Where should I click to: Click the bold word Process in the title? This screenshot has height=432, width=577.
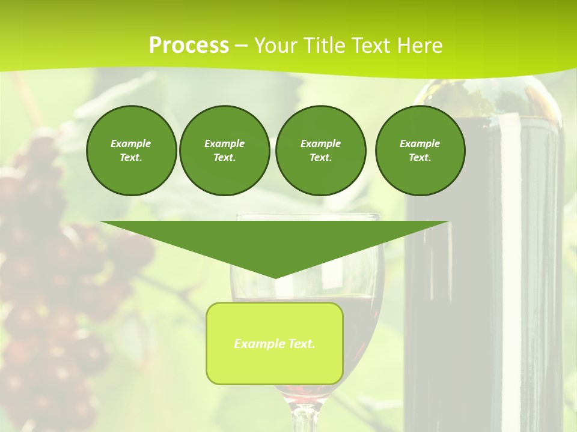pyautogui.click(x=189, y=46)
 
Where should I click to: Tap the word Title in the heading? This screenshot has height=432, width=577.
pyautogui.click(x=323, y=46)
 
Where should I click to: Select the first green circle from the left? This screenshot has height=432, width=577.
pyautogui.click(x=131, y=150)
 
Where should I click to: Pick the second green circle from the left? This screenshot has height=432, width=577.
pyautogui.click(x=224, y=150)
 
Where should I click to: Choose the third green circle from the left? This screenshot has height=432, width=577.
pyautogui.click(x=320, y=150)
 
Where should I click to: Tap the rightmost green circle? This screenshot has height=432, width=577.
pyautogui.click(x=420, y=150)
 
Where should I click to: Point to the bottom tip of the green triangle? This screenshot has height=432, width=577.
pyautogui.click(x=275, y=277)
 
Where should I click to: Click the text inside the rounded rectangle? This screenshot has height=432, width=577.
pyautogui.click(x=275, y=344)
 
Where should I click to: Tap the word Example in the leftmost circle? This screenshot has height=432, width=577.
pyautogui.click(x=131, y=143)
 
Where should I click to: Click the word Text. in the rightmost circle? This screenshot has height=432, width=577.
pyautogui.click(x=420, y=157)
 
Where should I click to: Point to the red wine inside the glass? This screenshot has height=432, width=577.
pyautogui.click(x=361, y=318)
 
